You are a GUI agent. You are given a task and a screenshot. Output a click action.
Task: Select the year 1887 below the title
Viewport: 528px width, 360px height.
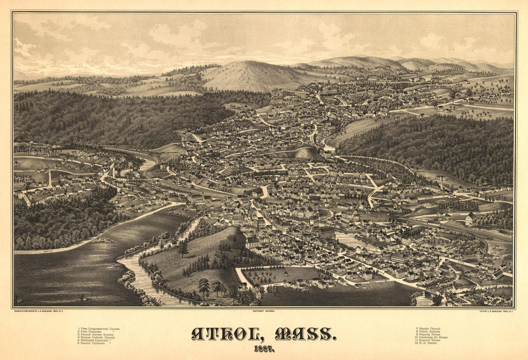(x=264, y=349)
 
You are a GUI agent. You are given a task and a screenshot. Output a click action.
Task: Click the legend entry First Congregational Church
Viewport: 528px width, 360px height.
(x=99, y=329)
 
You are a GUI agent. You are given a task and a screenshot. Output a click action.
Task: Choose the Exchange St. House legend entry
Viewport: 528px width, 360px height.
(x=431, y=337)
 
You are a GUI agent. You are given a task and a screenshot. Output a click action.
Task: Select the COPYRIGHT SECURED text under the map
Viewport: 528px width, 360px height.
(x=264, y=310)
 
